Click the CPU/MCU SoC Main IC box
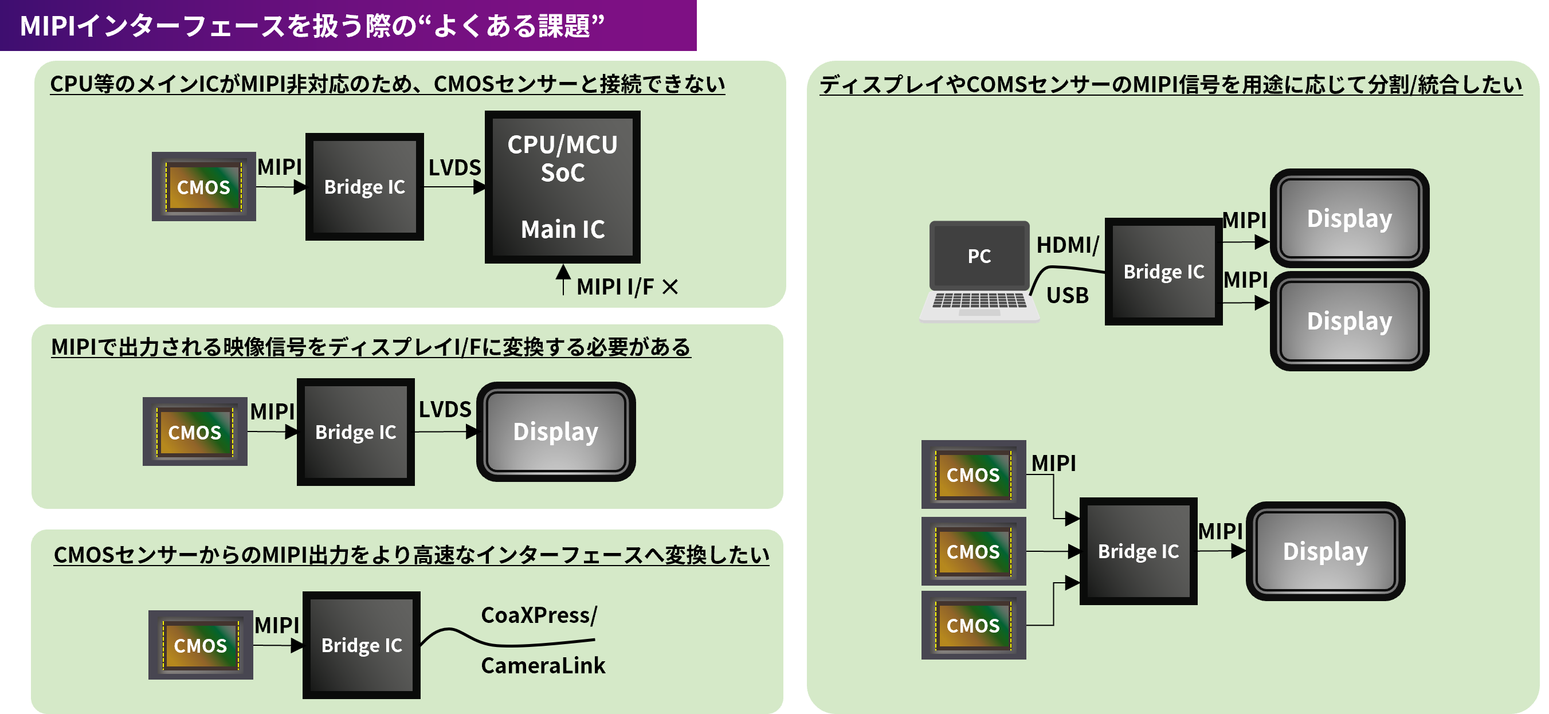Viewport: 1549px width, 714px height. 562,186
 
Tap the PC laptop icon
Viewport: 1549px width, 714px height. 979,270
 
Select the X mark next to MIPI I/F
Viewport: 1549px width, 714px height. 670,287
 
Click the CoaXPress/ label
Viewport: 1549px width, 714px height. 539,615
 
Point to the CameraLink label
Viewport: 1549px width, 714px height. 542,665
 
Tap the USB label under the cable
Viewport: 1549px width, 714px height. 1068,295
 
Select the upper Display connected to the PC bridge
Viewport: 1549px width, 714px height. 1349,218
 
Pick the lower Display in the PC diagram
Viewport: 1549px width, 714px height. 1349,320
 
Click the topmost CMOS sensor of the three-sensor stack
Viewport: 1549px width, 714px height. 973,474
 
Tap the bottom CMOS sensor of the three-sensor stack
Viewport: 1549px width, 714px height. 973,625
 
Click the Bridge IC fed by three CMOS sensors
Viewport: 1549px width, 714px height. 1138,551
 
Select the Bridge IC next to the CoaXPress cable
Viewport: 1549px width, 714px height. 361,645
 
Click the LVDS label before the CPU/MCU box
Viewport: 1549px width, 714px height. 454,167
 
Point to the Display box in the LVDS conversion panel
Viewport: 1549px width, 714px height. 555,431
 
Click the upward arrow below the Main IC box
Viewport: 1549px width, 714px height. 563,278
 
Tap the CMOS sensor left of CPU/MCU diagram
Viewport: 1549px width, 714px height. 203,186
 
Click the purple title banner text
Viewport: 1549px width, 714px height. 312,26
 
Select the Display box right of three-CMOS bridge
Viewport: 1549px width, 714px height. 1325,551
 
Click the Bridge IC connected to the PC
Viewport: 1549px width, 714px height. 1163,271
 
